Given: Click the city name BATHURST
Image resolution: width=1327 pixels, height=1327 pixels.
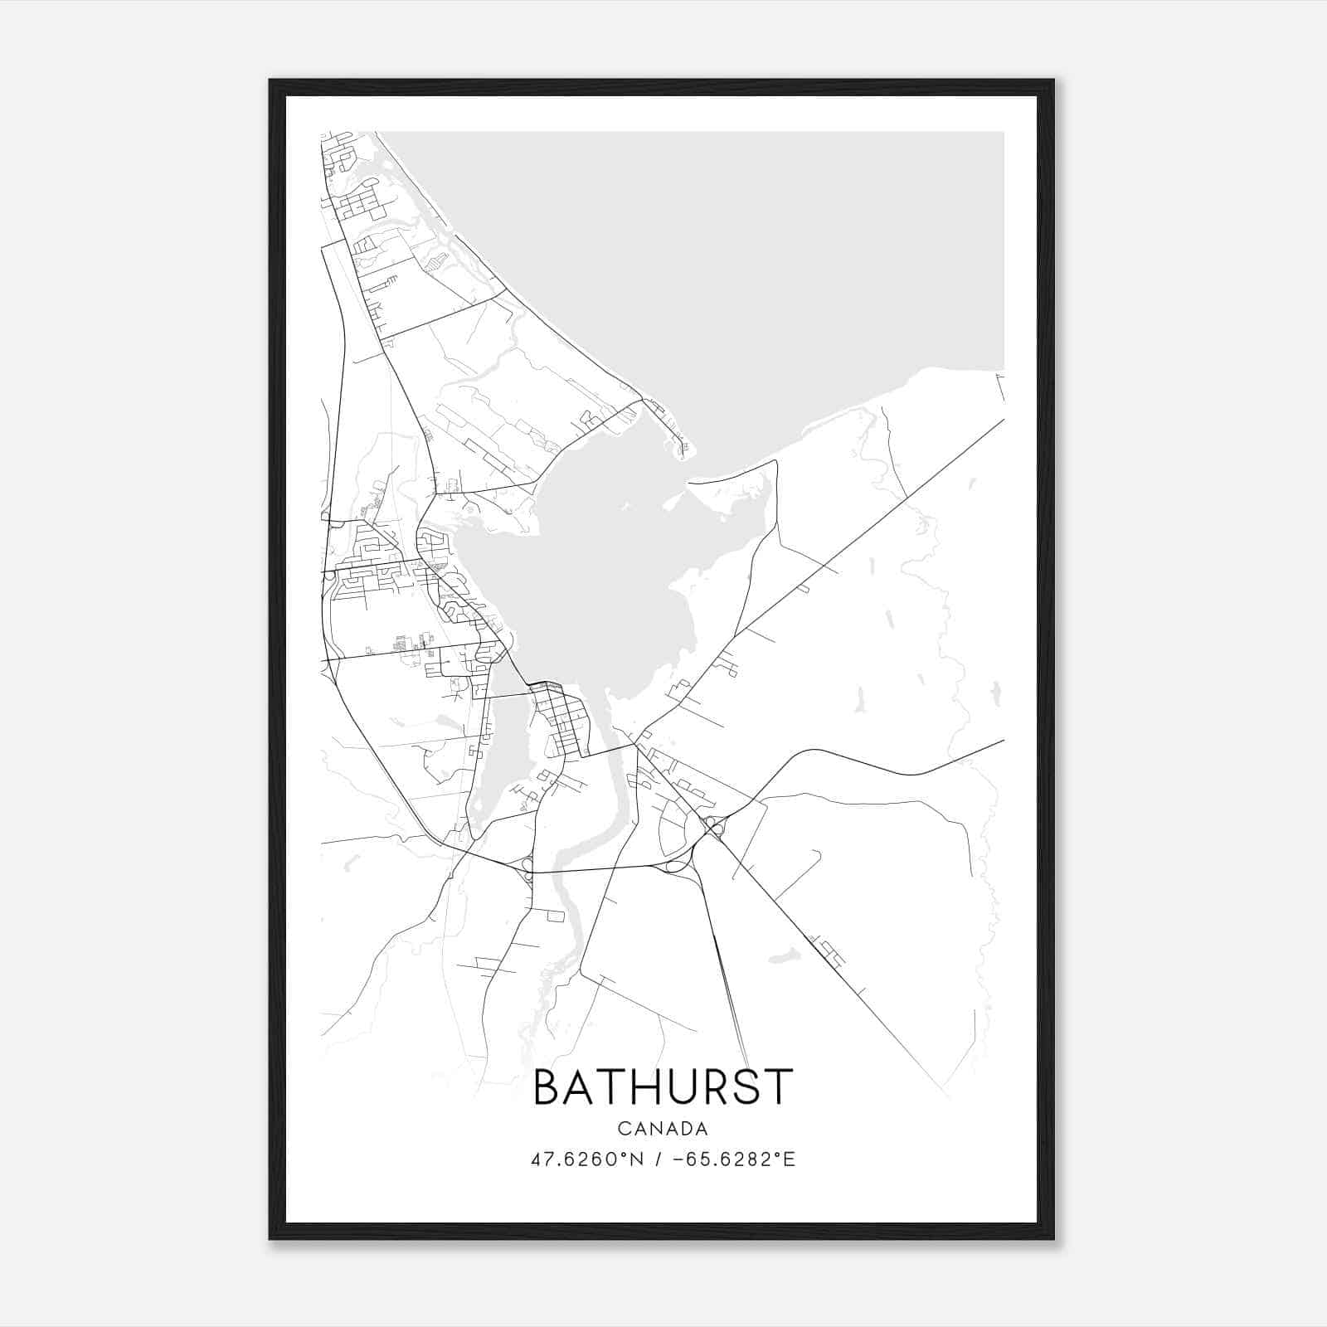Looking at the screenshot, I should pos(663,1087).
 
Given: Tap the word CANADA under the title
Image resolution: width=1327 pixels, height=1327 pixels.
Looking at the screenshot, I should pos(663,1129).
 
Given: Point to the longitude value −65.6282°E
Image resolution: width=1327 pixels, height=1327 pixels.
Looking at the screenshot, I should pos(734,1159).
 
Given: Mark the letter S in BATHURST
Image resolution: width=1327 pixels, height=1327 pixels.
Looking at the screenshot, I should pos(747,1087).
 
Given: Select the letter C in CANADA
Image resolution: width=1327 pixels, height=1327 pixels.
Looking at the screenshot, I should pos(623,1129).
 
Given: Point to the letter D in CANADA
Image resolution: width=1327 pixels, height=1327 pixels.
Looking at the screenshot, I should pos(685,1129).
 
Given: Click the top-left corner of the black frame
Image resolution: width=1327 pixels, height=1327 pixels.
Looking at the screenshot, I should pos(271,81).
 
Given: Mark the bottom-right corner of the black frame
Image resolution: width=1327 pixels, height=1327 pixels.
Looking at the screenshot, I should pos(1052,1237).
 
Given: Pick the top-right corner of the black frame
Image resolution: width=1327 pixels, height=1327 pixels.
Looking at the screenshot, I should pos(1052,81).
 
